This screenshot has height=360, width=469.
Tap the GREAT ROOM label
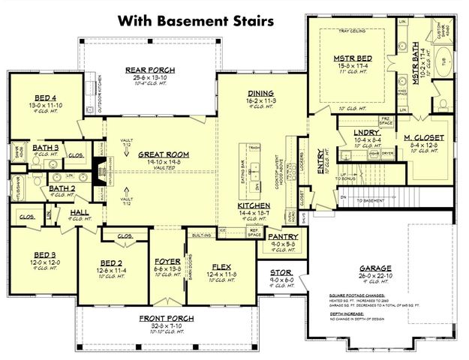162,154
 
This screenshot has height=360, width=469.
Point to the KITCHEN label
254,205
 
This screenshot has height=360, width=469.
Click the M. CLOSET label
424,138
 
